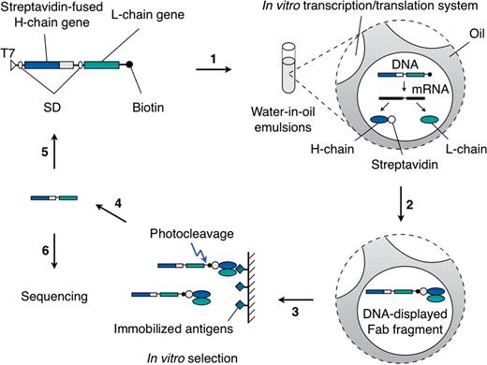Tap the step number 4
[x=118, y=200]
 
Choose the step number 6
[x=30, y=240]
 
